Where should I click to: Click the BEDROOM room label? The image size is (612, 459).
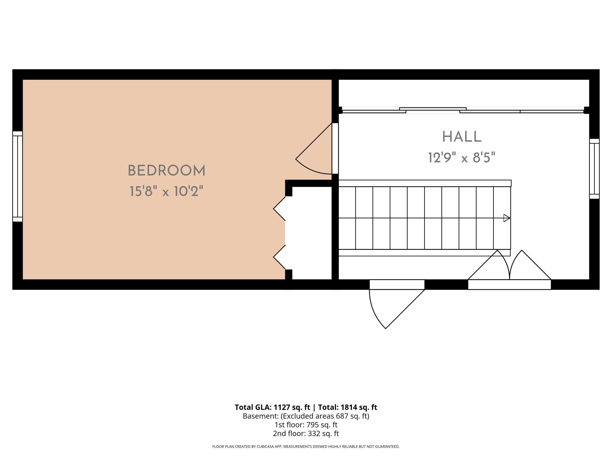coord(167,171)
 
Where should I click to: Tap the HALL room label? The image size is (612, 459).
coord(462,137)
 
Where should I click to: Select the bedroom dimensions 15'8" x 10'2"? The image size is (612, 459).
coord(167,192)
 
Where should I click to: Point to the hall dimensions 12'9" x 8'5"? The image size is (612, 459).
coord(462,158)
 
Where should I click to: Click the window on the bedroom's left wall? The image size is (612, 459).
coord(17,176)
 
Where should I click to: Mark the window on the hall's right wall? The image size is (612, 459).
coord(594,169)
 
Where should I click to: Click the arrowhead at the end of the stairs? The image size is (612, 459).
coord(507,218)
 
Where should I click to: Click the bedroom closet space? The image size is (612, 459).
coord(312,233)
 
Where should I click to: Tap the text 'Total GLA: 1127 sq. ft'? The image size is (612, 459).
coord(272,407)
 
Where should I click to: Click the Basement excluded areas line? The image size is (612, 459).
coord(306,416)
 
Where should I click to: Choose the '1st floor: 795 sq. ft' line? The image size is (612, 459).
coord(306,425)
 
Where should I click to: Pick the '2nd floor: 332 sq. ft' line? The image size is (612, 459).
coord(306,433)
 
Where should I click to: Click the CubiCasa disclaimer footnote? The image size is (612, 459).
coord(306,447)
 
